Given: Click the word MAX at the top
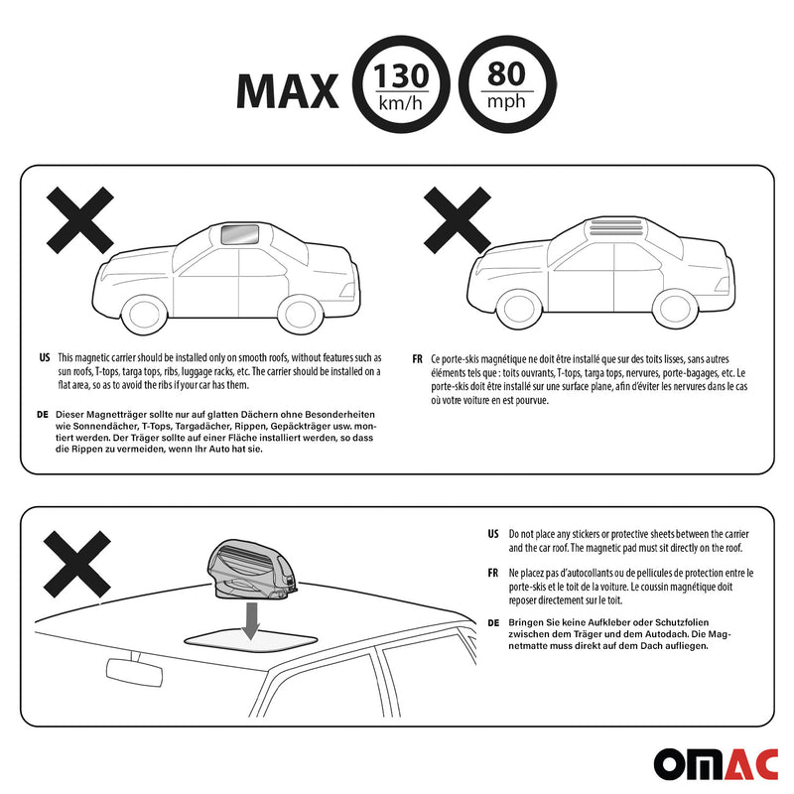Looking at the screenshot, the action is [287, 91].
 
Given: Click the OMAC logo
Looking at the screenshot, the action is [716, 764].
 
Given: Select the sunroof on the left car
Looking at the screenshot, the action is [240, 234].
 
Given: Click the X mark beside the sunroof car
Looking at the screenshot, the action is [80, 220].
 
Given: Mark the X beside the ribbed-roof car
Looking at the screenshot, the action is [458, 220].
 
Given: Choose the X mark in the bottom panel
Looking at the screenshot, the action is [77, 564].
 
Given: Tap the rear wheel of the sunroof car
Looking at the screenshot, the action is [301, 314].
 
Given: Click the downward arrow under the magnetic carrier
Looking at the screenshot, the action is [251, 621].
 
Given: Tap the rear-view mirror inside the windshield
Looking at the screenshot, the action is [134, 672].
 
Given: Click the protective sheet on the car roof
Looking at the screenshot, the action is [251, 639].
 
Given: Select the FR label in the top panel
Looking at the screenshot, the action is [417, 359].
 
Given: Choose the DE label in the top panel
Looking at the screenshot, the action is [43, 414].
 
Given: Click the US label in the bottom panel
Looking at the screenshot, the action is [493, 534].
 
